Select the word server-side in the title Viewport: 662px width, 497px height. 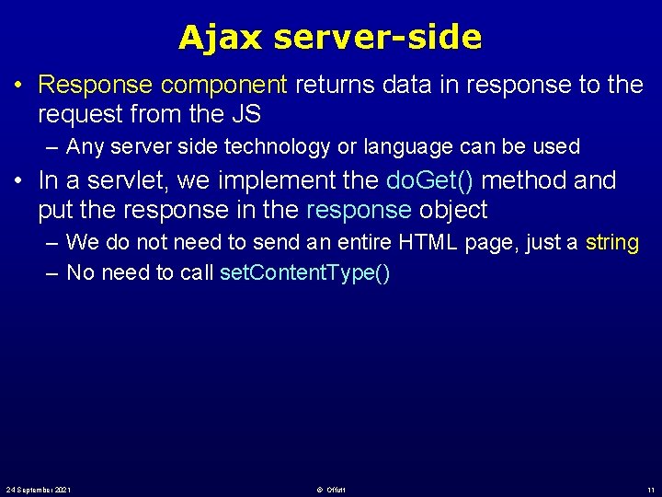(x=378, y=38)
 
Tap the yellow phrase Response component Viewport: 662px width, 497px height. (x=163, y=85)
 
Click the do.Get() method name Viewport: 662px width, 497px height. (x=430, y=180)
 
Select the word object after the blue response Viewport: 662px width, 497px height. (x=452, y=210)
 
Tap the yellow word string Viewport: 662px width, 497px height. (x=611, y=243)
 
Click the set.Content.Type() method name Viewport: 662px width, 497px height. (x=305, y=273)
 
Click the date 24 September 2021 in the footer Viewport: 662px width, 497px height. (x=39, y=489)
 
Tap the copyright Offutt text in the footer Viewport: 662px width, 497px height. (x=328, y=489)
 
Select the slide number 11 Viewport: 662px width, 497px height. (x=650, y=489)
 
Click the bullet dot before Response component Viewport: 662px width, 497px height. (x=18, y=86)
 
